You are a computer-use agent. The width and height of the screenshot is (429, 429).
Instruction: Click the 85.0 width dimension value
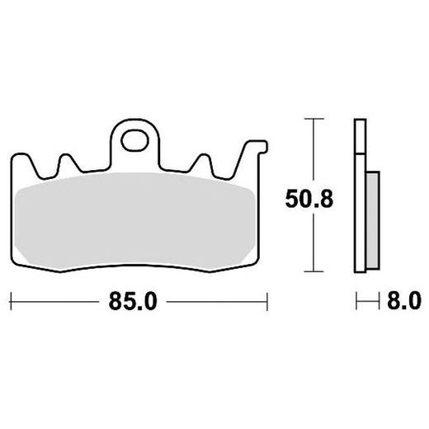pos(133,301)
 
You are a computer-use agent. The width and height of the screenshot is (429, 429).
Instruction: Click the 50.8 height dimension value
pos(309,199)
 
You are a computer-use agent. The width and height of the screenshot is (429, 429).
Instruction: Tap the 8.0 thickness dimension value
pos(404,301)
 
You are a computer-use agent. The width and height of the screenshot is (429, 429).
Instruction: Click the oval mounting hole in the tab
pos(134,141)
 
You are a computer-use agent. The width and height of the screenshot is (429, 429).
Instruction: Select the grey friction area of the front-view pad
pos(134,220)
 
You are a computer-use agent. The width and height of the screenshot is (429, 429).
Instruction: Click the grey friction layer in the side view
pos(373,220)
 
